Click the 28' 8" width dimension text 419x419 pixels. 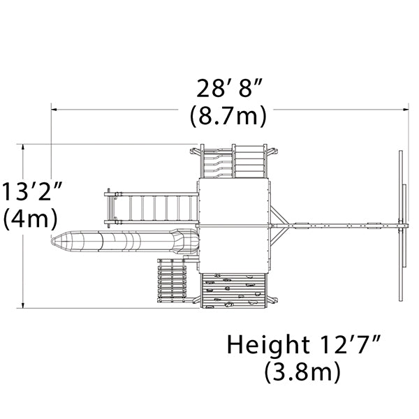pos(228,88)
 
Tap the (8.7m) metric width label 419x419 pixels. pos(228,116)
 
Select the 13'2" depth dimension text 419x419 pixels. pos(32,191)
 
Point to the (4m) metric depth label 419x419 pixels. pos(30,219)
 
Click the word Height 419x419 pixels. pos(268,345)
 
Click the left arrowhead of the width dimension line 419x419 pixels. pos(54,110)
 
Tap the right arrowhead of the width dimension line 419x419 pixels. pos(406,110)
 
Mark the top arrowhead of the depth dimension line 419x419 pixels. pos(23,147)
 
